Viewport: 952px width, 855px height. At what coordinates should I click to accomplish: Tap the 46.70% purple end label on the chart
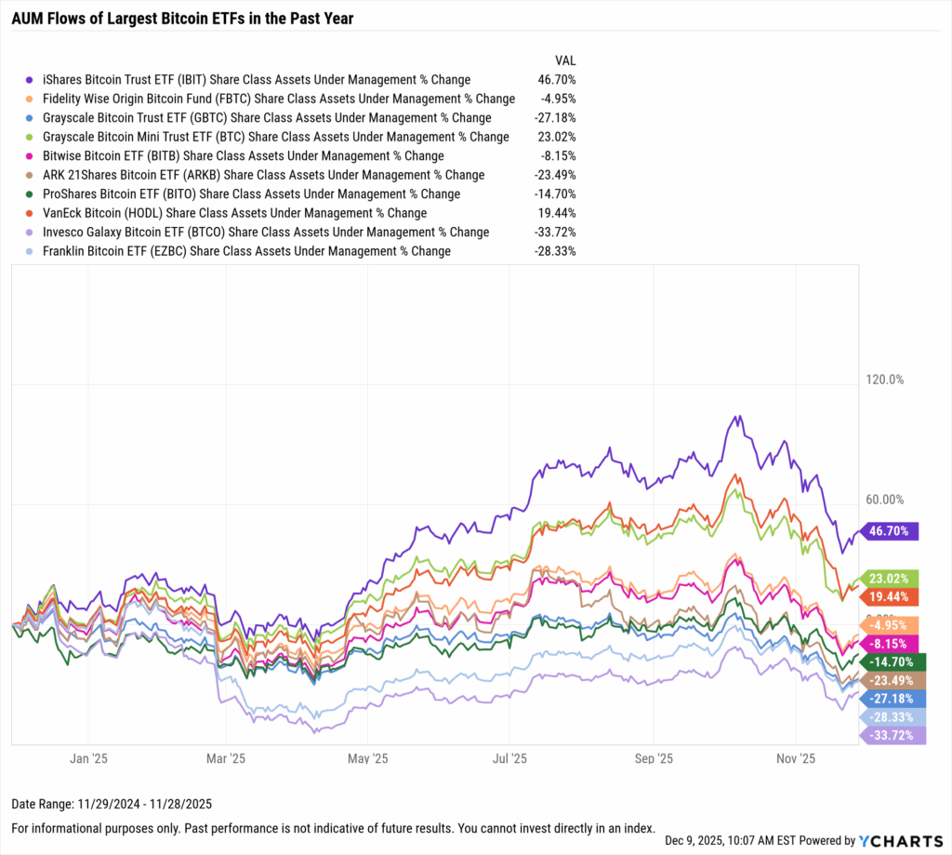(891, 531)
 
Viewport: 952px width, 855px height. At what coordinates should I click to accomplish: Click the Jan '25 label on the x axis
(86, 758)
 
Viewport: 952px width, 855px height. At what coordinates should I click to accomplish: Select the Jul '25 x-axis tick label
(511, 758)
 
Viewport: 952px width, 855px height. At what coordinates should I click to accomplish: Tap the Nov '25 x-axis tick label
(796, 758)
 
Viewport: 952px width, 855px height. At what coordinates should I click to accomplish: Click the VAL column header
(565, 60)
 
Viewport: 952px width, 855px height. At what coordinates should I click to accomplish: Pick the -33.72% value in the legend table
(556, 232)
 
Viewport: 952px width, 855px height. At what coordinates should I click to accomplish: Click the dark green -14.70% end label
(891, 662)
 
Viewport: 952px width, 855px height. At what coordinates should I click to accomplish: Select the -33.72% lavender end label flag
(891, 736)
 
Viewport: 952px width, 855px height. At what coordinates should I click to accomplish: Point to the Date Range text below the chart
(98, 803)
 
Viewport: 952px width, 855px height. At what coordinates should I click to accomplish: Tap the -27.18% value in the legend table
(556, 118)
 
